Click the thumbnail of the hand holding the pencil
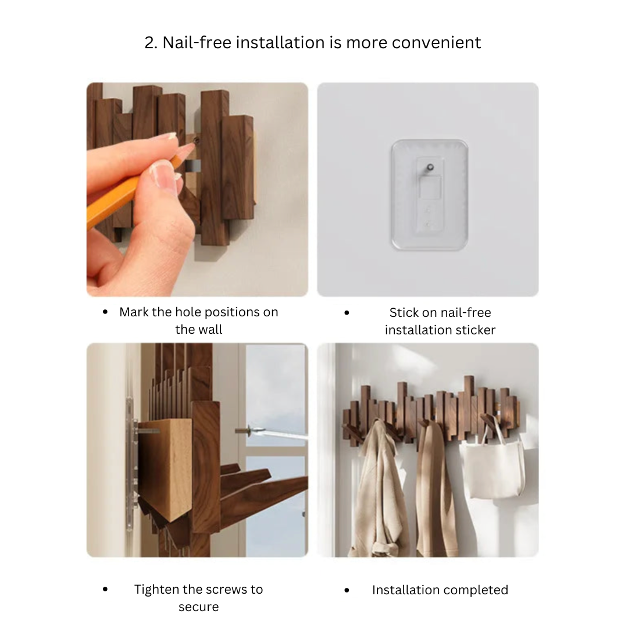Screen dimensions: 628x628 click(x=198, y=190)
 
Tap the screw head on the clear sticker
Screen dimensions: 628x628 click(x=430, y=167)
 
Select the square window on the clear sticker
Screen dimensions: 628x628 click(x=430, y=187)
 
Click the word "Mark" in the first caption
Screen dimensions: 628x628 click(x=134, y=312)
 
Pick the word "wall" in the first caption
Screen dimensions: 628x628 click(x=210, y=330)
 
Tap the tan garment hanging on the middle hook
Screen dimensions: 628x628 click(x=434, y=488)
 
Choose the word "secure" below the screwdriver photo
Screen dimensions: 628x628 click(x=199, y=607)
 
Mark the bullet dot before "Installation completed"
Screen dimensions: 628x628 click(x=347, y=590)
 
